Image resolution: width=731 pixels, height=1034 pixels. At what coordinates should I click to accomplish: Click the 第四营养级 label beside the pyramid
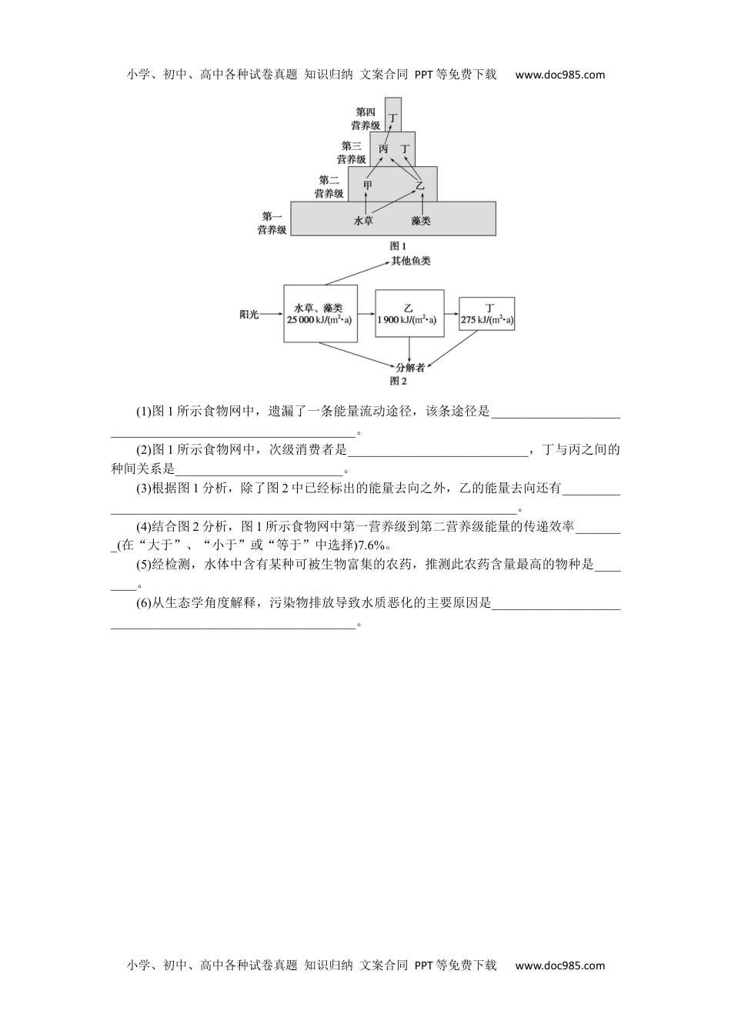pos(365,118)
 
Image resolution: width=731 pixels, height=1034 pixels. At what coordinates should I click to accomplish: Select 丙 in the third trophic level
pos(383,149)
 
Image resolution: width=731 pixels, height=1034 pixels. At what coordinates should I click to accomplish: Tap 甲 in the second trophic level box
pos(368,185)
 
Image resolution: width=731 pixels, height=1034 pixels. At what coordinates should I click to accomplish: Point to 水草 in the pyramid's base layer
pos(363,221)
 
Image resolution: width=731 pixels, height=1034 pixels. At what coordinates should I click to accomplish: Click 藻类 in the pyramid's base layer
pos(421,221)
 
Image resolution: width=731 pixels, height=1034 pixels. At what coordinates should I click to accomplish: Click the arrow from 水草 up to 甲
pos(366,204)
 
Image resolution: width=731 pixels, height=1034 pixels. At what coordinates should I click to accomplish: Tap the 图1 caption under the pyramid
pos(398,246)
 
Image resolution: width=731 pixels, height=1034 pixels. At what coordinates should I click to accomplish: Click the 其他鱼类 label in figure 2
pos(411,262)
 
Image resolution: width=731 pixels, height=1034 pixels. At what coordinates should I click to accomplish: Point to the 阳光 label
pos(249,315)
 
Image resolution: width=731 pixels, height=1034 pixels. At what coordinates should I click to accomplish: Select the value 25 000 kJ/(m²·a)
pos(319,320)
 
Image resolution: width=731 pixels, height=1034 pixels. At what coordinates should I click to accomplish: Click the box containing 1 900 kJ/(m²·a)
pos(409,313)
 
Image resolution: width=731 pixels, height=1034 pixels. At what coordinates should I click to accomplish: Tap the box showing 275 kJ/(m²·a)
pos(487,314)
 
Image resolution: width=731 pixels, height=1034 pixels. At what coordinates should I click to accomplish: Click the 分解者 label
pos(410,368)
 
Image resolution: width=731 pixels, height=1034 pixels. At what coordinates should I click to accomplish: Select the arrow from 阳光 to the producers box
pos(272,315)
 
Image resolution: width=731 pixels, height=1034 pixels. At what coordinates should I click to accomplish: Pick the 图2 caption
pos(398,382)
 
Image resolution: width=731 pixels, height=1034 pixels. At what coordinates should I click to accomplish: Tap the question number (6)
pos(144,603)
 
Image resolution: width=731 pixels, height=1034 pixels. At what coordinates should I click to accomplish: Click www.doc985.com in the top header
pos(560,75)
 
